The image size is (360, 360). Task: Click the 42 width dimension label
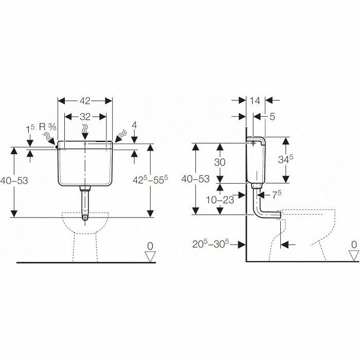click(85, 101)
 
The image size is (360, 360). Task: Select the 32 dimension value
click(85, 117)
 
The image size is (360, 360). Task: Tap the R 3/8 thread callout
click(48, 127)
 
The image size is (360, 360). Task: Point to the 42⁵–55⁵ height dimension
click(150, 180)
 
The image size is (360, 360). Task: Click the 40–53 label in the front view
click(14, 181)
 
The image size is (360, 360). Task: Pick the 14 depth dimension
click(255, 101)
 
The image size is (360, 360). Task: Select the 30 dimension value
click(220, 163)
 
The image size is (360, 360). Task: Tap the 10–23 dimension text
click(220, 200)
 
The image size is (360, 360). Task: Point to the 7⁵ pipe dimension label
click(277, 195)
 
